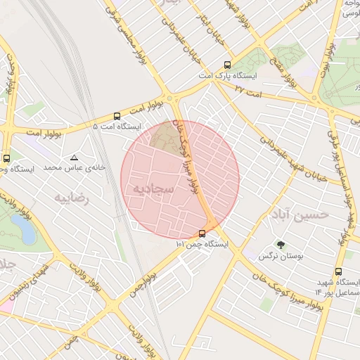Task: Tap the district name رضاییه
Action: [x=73, y=198]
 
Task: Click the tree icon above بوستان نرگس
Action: [x=281, y=245]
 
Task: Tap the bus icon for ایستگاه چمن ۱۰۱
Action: [x=202, y=233]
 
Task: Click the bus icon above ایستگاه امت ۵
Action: [x=117, y=116]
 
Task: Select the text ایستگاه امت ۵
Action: [x=116, y=127]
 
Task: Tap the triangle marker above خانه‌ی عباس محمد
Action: [x=74, y=157]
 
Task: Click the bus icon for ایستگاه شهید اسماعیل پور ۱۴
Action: [x=339, y=271]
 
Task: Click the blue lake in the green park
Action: [x=21, y=227]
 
